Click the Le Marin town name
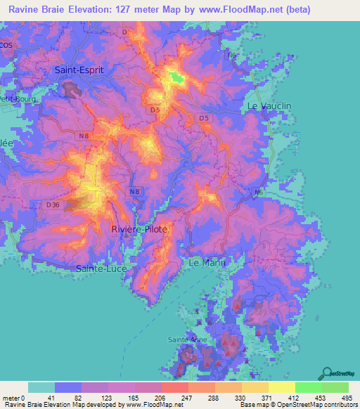(204, 261)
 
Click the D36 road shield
(53, 204)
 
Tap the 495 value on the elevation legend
(348, 397)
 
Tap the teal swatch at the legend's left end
(41, 387)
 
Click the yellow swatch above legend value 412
(281, 387)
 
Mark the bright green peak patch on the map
(174, 78)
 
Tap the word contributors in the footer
(339, 405)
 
